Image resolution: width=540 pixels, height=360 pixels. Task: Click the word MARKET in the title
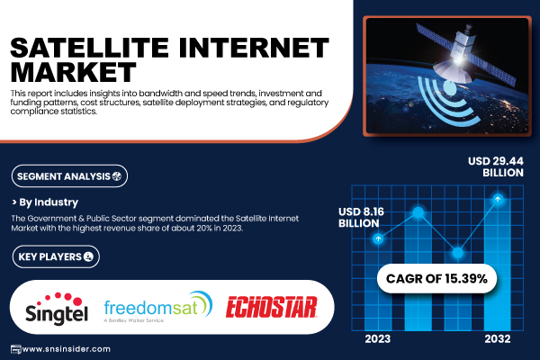[x=74, y=72]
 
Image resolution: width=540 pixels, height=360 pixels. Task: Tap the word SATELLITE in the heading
[x=90, y=48]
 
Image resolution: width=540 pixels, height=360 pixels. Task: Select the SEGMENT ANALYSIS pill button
[x=69, y=176]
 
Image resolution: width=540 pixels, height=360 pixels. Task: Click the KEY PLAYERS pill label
[x=56, y=256]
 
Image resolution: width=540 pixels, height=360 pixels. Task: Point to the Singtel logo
[x=57, y=309]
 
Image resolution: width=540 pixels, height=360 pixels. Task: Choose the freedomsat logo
[x=158, y=306]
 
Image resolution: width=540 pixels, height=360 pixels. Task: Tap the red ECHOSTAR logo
[x=272, y=307]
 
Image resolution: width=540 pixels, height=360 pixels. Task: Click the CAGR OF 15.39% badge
[x=436, y=278]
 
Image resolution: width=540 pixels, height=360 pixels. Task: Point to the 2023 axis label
[x=378, y=339]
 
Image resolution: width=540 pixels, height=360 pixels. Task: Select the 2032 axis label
[x=498, y=339]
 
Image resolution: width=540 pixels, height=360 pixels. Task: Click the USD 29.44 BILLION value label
[x=496, y=166]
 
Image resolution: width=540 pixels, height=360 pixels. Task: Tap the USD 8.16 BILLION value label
[x=361, y=218]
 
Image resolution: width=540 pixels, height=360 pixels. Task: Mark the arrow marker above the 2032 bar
[x=498, y=199]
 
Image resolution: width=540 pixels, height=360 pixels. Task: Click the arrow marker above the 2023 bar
[x=378, y=238]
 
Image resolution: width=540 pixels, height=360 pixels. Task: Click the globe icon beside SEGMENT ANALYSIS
[x=117, y=176]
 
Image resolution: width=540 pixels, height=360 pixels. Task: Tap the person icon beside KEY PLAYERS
[x=88, y=256]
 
